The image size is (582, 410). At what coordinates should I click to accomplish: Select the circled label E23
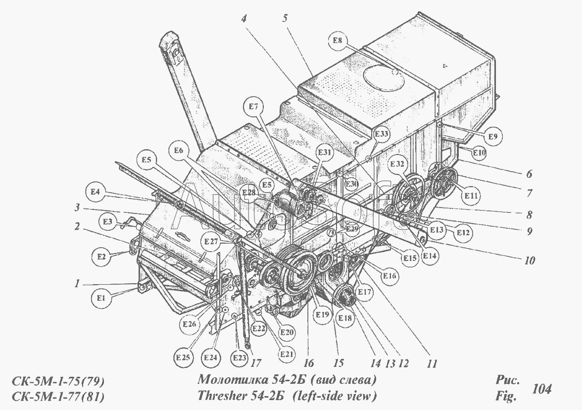click(239, 357)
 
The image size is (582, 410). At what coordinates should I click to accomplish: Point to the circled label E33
click(381, 134)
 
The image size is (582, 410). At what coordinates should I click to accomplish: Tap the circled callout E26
click(189, 324)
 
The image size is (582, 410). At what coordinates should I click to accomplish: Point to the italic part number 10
click(529, 259)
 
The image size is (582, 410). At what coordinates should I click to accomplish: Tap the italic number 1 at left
click(76, 284)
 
